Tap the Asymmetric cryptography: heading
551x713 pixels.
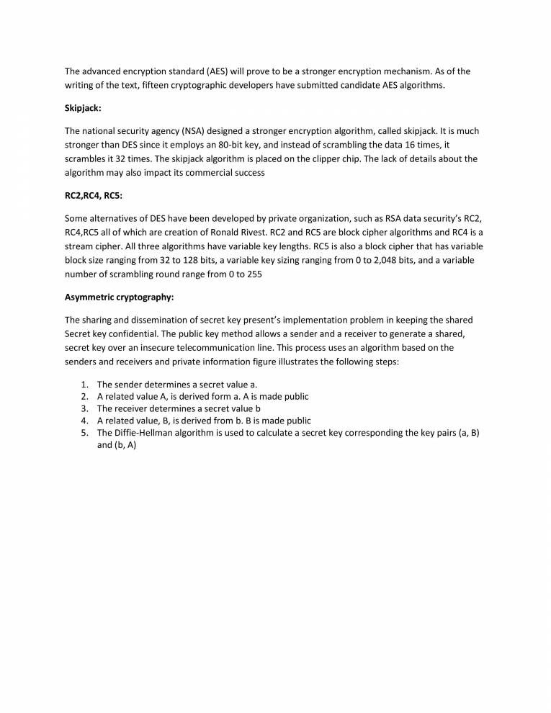(119, 297)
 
